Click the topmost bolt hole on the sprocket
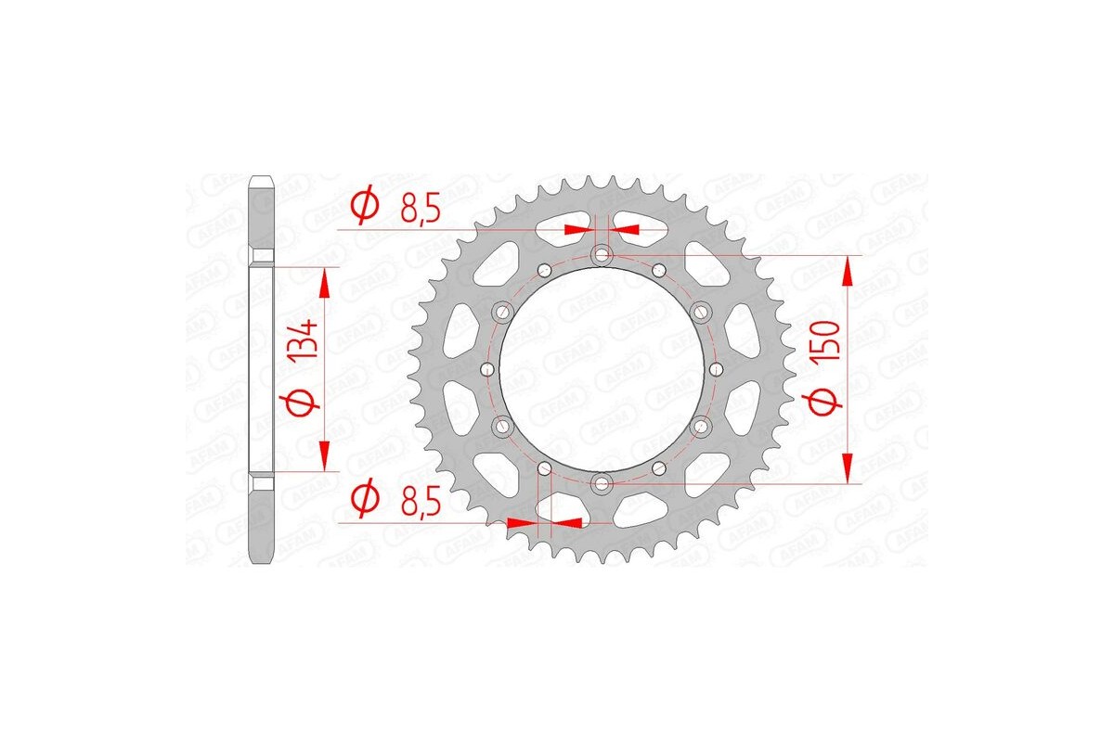coord(602,253)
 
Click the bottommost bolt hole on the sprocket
coord(602,482)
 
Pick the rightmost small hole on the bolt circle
coord(715,368)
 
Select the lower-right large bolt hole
coord(700,426)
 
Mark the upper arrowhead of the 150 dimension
coord(848,269)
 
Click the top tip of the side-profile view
coord(264,176)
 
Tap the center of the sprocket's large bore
coord(602,368)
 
